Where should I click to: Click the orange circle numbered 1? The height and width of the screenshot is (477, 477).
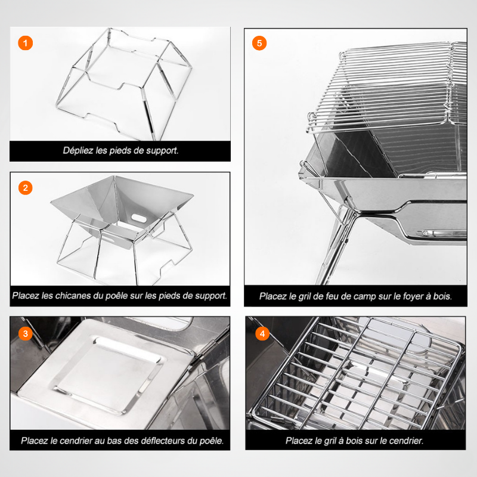tap(25, 43)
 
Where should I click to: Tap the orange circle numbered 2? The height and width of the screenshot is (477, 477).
tap(25, 188)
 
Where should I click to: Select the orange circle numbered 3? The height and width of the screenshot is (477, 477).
tap(25, 333)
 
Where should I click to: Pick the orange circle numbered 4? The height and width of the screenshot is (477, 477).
tap(262, 333)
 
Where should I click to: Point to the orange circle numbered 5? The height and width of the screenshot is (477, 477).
tap(259, 43)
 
